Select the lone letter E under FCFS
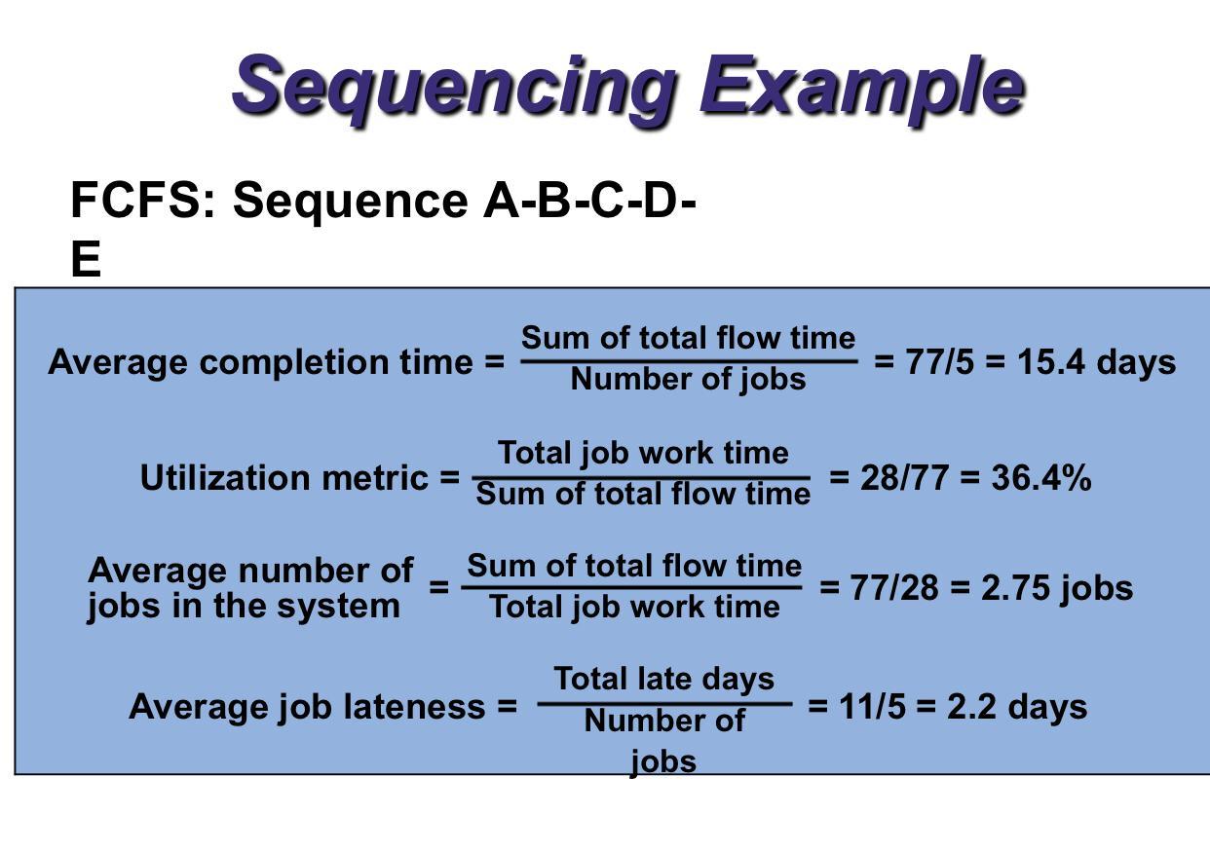(86, 260)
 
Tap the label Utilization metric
(287, 478)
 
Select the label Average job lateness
(311, 706)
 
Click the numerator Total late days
(664, 679)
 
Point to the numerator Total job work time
(643, 453)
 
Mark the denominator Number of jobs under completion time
(688, 379)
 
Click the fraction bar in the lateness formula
(664, 702)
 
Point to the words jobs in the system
(244, 607)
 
